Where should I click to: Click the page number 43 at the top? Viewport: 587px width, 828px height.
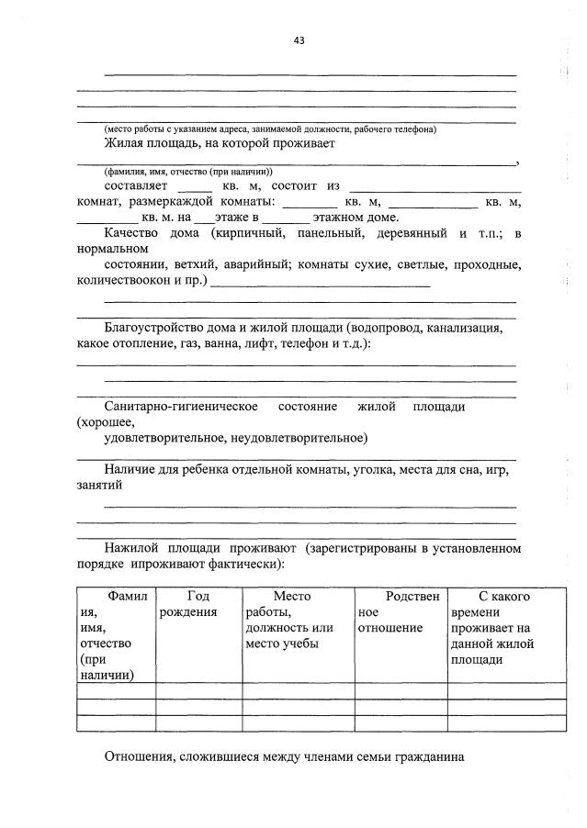click(x=299, y=40)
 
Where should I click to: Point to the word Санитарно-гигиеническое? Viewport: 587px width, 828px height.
click(x=180, y=406)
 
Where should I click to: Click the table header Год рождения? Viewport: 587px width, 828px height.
click(x=198, y=604)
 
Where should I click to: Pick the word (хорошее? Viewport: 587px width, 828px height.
click(x=107, y=422)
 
